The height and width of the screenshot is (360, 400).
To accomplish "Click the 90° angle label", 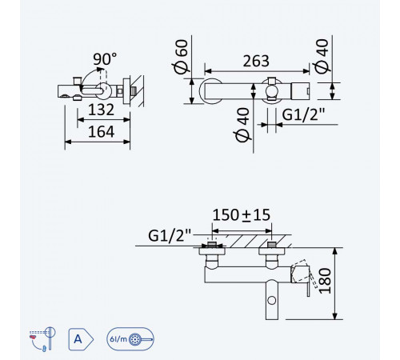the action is coord(105,59).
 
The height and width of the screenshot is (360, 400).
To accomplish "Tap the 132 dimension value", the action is coord(101,110).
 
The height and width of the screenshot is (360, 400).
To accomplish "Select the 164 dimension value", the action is coord(102,132).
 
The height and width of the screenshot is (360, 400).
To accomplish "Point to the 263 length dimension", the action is coord(256,61).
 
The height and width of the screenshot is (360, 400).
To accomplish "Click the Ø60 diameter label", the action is coord(181,56).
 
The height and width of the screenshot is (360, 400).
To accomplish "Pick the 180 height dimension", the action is coord(326,281).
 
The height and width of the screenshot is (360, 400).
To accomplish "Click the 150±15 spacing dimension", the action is coord(242,215).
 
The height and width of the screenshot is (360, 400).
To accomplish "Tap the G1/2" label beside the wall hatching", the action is coord(170,235).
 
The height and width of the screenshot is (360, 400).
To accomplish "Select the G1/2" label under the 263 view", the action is coord(303,115).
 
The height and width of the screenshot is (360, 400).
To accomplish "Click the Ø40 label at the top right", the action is coord(322,56).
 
